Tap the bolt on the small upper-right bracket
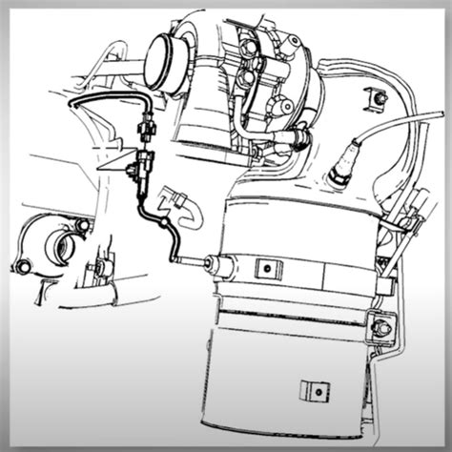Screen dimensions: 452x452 [380, 99]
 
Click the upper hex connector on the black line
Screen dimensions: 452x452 [146, 124]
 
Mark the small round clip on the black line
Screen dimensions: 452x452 [169, 222]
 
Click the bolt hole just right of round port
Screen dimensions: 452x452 [83, 226]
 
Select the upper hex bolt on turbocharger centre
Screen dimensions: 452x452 [250, 46]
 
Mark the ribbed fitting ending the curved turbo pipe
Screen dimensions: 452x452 [296, 140]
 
